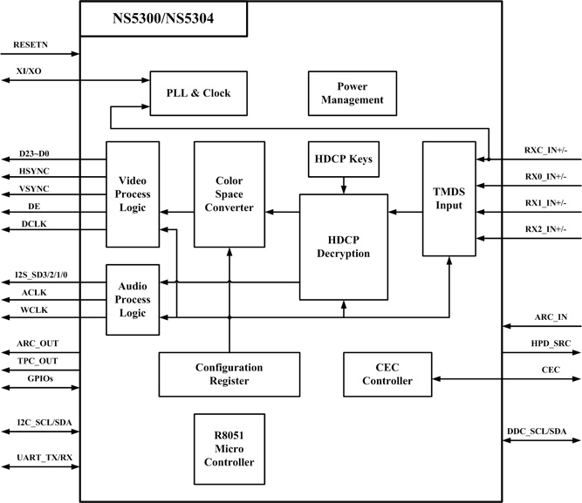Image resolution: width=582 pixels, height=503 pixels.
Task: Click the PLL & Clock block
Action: point(198,92)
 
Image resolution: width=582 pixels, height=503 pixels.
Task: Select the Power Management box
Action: point(347,93)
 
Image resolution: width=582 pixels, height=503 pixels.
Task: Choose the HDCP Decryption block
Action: point(343,247)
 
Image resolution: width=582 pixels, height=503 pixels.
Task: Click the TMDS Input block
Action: point(448,198)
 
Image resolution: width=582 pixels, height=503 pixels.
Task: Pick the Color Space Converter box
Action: point(229,194)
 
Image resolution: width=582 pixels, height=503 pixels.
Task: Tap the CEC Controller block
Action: point(387,373)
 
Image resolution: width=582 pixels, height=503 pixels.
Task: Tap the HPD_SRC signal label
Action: point(551,344)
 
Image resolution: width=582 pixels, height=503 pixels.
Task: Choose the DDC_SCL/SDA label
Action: point(536,432)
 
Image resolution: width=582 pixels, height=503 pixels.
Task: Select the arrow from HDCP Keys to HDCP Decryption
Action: point(344,185)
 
